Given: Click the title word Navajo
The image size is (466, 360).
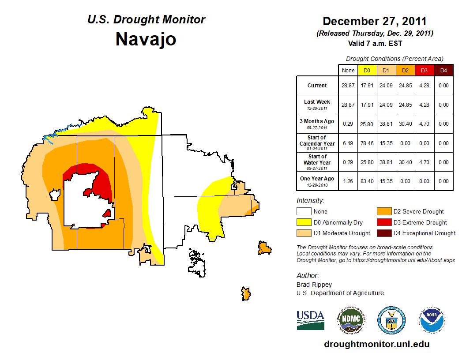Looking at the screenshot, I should [146, 39].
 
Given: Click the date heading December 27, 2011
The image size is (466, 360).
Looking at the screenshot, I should [374, 21].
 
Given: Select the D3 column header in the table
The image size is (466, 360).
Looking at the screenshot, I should [424, 70].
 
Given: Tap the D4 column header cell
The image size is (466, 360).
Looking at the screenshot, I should [443, 70].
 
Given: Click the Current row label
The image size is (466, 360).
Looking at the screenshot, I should [317, 86].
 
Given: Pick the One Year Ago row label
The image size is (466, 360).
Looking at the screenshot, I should [317, 179].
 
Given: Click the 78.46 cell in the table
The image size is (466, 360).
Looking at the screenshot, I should [367, 143].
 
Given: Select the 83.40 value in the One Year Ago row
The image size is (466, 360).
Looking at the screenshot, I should [367, 181].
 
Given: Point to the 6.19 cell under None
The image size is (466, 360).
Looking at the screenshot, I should [348, 143].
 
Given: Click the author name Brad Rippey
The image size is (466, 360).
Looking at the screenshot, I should [314, 285].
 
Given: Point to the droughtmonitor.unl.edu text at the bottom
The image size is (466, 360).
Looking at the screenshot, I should [376, 344].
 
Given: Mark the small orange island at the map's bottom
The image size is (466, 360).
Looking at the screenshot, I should [246, 293].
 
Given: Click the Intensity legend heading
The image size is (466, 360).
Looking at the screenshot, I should [310, 201].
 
